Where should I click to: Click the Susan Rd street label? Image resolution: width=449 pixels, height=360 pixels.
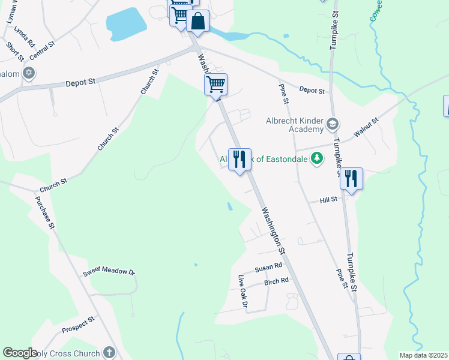pos(268,267)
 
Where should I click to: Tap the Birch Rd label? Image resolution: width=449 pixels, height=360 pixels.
pos(276,281)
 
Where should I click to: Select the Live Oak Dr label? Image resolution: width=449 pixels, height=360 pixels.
pos(243,292)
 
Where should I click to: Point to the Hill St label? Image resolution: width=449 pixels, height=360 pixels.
pos(330,199)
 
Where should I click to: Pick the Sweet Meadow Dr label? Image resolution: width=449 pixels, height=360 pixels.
pos(109,271)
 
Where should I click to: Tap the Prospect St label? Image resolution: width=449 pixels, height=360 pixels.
pos(78,325)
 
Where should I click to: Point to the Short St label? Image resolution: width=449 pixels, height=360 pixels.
pos(14,51)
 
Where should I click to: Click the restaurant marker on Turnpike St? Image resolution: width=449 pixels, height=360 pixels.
pos(351,178)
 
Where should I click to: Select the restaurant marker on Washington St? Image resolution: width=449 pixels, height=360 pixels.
pos(240,159)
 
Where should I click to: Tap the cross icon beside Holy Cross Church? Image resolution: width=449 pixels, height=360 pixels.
pos(109,352)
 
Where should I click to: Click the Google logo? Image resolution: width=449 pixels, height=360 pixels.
pos(20,353)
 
